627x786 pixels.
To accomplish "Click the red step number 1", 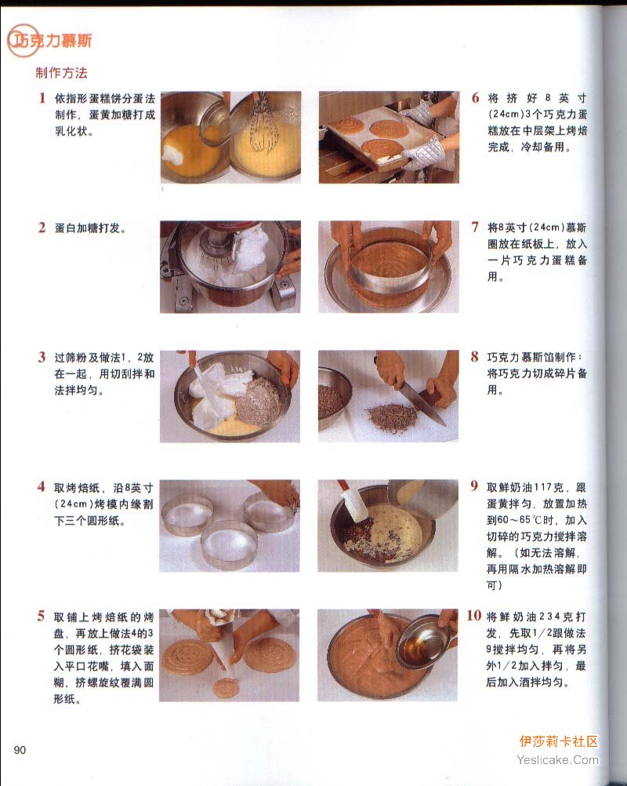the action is [42, 97].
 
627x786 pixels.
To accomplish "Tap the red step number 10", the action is [473, 616].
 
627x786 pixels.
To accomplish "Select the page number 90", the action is [20, 750].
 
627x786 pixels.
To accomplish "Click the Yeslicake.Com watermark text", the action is [557, 760].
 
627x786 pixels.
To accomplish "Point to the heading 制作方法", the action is [61, 73].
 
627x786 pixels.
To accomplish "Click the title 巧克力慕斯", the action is [50, 41].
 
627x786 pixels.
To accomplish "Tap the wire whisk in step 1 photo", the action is [263, 123].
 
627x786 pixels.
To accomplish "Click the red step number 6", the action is [475, 97].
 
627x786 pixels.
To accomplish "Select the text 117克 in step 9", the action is [548, 487].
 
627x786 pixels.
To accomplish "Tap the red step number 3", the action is [42, 357].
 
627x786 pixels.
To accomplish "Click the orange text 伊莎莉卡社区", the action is [559, 741].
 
